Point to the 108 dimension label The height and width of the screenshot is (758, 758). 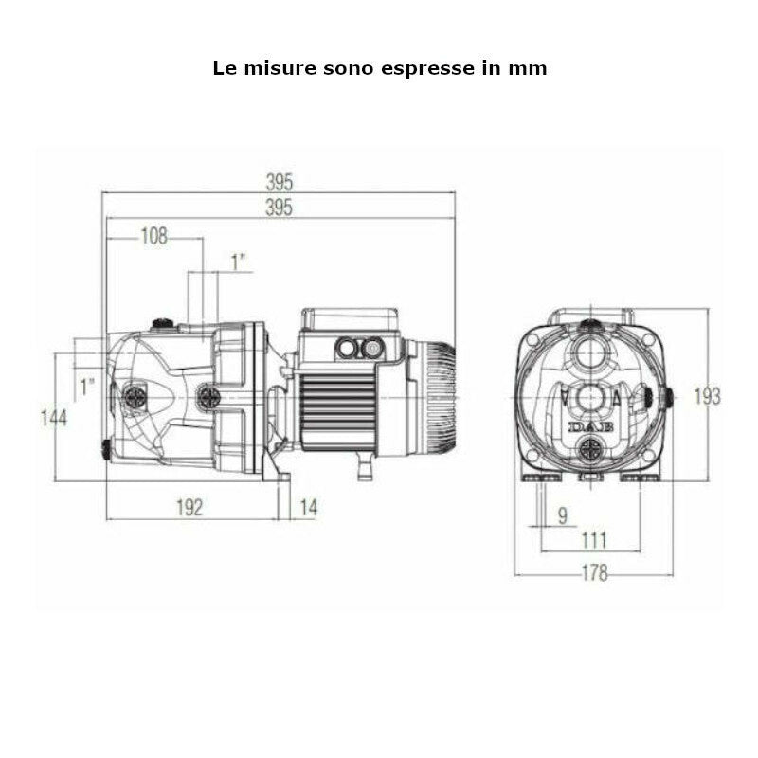153,237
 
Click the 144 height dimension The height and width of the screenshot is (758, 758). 53,416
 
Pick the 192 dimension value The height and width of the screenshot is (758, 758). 189,508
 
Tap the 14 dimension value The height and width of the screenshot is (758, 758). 308,508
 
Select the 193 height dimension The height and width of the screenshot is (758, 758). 707,396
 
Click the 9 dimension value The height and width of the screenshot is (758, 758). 562,515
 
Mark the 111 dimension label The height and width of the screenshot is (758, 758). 593,540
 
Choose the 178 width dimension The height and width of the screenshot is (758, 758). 593,573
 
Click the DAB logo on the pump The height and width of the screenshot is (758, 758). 591,427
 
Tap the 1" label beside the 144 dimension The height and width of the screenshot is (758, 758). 87,387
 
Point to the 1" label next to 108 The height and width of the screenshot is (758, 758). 240,261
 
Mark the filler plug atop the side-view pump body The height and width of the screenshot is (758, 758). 165,323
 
